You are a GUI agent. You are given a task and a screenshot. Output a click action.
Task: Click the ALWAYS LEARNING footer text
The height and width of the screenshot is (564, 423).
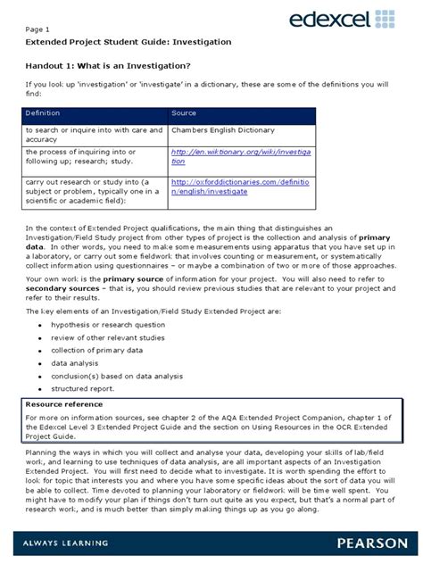click(x=70, y=543)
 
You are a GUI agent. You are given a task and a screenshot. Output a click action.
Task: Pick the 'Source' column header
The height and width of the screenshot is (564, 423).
click(x=184, y=114)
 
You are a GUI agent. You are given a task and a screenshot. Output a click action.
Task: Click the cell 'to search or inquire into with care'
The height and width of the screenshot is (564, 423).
click(x=93, y=129)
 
